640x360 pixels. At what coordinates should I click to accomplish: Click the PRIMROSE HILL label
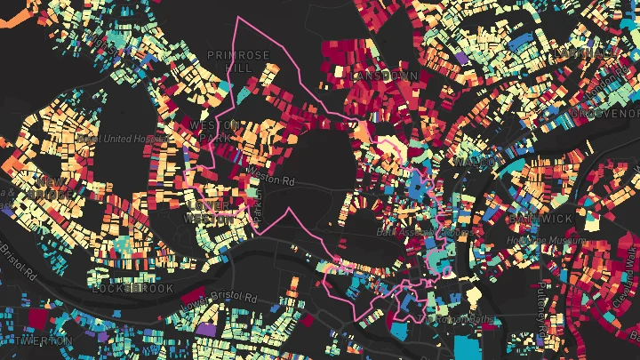click(237, 60)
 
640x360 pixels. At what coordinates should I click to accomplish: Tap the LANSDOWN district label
click(384, 76)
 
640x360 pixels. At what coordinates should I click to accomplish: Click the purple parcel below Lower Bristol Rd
click(205, 329)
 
